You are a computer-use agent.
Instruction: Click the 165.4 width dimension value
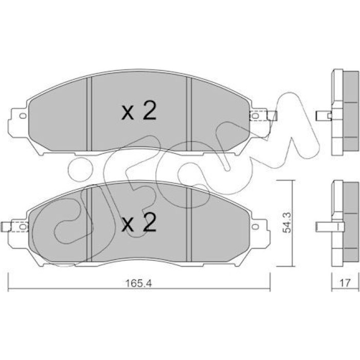click(x=139, y=283)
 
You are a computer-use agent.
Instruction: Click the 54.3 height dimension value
click(x=287, y=223)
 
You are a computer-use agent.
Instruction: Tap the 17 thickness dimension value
click(x=345, y=283)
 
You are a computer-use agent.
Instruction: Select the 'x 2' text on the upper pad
click(x=139, y=111)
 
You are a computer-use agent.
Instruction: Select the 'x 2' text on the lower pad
click(x=139, y=222)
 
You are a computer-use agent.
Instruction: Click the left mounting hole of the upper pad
click(x=23, y=116)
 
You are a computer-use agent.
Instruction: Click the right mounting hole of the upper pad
click(x=255, y=116)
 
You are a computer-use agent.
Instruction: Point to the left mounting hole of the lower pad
click(x=23, y=227)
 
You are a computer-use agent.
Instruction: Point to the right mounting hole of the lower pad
click(x=255, y=227)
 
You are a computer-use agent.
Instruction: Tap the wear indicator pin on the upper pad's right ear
click(x=272, y=116)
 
